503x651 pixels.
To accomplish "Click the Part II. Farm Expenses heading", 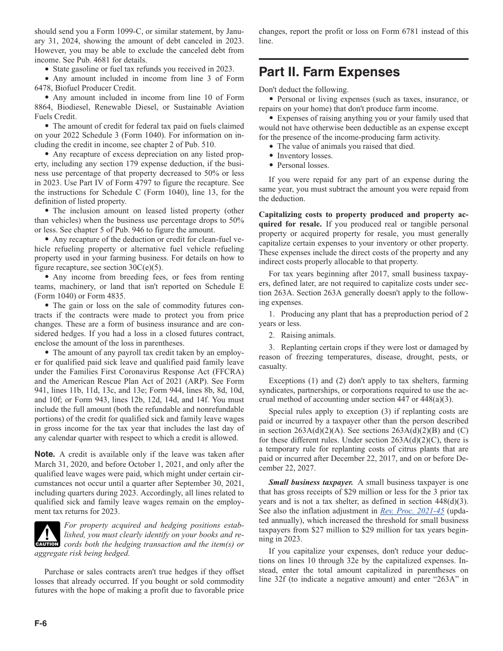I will [x=329, y=72].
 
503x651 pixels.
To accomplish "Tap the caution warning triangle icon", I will [x=47, y=534].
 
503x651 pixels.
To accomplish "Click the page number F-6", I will [x=41, y=623].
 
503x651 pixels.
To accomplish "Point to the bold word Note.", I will [x=45, y=454].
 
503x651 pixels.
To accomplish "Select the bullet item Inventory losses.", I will [x=304, y=156].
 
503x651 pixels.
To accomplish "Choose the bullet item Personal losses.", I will [x=303, y=165].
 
